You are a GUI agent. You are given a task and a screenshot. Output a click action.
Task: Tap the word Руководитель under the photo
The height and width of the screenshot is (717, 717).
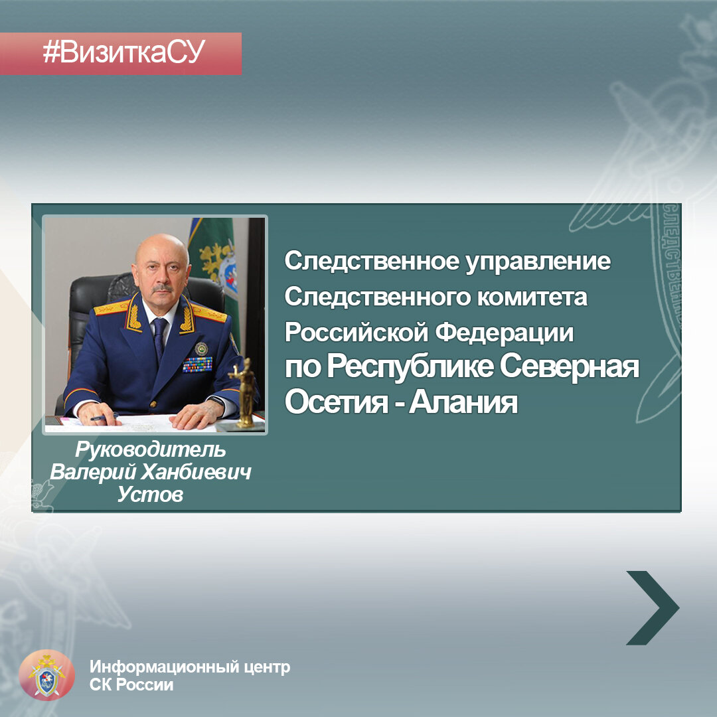pos(150,450)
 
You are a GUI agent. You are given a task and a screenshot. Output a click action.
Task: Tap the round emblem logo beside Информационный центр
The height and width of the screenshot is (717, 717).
pos(46,675)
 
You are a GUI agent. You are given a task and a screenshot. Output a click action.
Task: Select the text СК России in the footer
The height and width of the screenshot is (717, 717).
pos(131,684)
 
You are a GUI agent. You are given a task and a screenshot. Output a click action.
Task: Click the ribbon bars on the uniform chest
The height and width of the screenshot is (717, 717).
pos(197,364)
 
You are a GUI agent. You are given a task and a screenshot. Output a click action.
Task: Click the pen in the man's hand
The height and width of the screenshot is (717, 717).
pos(103,418)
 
